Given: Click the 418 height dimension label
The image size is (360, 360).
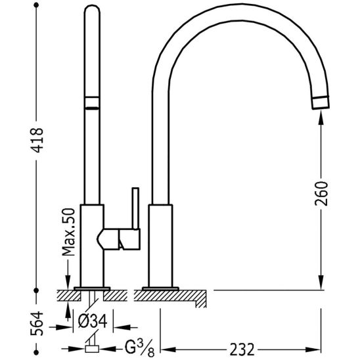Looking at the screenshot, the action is [37, 141].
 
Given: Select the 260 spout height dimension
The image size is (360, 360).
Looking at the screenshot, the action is [321, 193].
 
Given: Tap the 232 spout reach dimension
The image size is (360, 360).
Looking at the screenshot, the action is [242, 349].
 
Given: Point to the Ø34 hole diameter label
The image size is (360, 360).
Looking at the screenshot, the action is [92, 321].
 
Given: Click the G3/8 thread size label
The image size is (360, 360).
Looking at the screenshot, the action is [139, 349].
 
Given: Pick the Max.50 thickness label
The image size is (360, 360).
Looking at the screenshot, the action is [68, 232].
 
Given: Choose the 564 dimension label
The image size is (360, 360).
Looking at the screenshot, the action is [37, 323].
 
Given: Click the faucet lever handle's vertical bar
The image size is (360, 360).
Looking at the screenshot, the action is [136, 208].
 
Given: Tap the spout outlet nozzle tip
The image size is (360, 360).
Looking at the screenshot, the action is [321, 102].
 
